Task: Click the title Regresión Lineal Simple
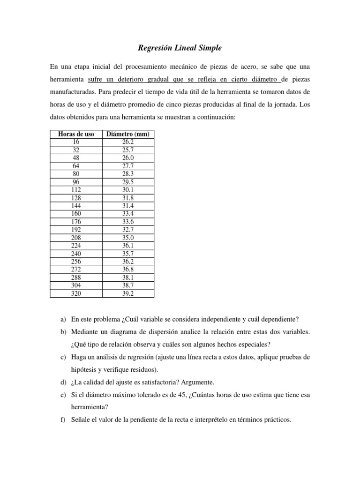(x=180, y=48)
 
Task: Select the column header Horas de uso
(x=76, y=134)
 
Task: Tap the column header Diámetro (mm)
(x=128, y=134)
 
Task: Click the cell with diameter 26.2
(x=128, y=142)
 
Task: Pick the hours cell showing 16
(x=76, y=142)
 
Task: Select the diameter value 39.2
(x=128, y=293)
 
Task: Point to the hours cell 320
(x=76, y=293)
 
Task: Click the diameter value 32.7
(x=128, y=230)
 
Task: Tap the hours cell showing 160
(x=76, y=214)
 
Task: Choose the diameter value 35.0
(x=128, y=238)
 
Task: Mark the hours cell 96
(x=76, y=182)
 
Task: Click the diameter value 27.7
(x=128, y=165)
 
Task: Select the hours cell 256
(x=76, y=262)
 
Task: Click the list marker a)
(x=63, y=319)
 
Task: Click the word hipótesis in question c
(x=84, y=370)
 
